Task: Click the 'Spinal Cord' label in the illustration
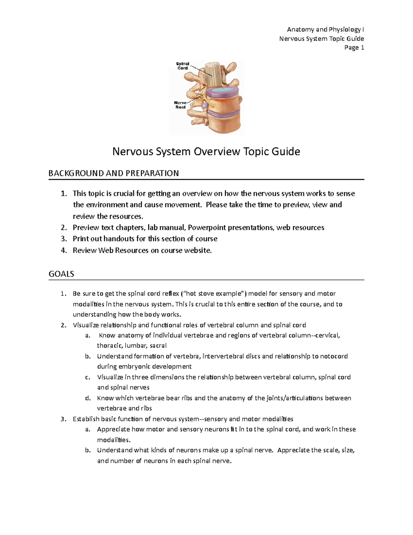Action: click(x=182, y=66)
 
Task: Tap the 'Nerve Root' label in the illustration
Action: click(x=180, y=105)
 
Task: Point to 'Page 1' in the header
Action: click(x=354, y=48)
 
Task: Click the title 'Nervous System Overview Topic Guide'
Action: click(x=206, y=152)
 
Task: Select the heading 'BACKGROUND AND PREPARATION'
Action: click(x=114, y=173)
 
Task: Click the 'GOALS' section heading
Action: click(x=61, y=274)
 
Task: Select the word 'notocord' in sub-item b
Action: click(x=334, y=356)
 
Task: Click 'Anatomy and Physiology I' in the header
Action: click(x=325, y=30)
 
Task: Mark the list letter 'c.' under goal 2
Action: click(x=87, y=377)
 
